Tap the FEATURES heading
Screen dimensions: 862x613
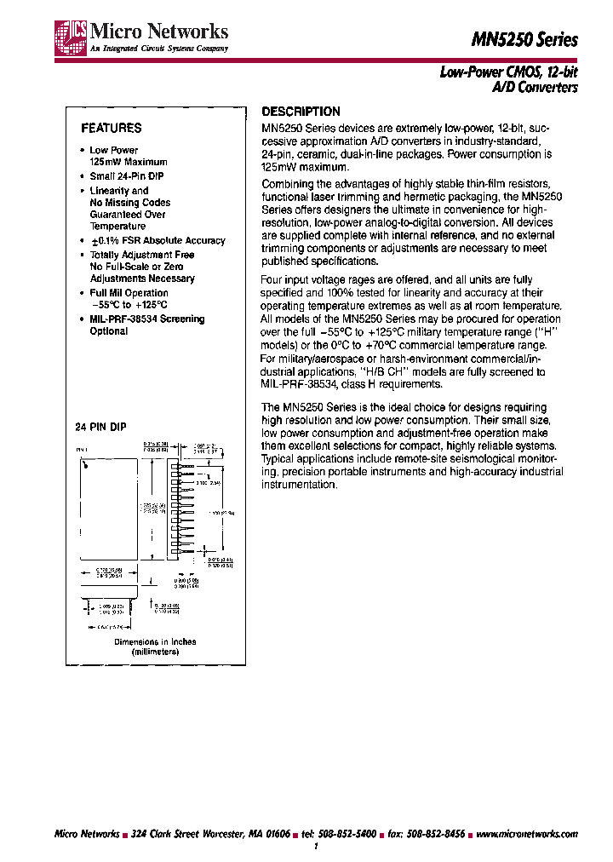111,129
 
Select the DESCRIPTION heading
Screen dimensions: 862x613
301,112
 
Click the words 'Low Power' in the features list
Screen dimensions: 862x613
113,150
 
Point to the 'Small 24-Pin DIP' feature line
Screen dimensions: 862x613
126,175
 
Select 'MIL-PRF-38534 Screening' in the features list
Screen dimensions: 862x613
147,319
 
